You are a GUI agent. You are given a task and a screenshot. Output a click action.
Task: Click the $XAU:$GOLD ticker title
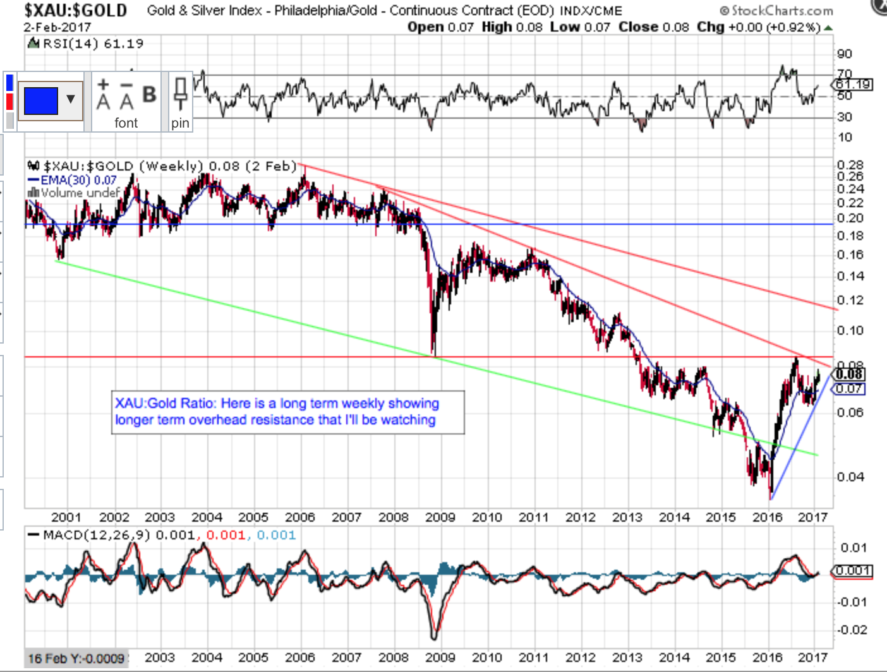pos(75,11)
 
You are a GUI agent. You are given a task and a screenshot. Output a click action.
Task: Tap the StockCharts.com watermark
pos(776,11)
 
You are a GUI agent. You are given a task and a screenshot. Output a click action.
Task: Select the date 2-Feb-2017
pos(57,27)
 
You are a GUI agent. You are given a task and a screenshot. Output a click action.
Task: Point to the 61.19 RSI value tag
pos(854,84)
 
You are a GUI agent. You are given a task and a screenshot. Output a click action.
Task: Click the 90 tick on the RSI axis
pos(845,54)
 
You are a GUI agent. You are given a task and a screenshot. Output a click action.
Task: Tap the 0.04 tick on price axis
pos(850,477)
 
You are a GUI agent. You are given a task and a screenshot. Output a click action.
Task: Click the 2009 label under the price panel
pos(440,517)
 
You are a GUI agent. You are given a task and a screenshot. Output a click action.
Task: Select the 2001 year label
pos(66,517)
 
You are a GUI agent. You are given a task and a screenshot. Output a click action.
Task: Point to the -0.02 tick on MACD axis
pos(852,630)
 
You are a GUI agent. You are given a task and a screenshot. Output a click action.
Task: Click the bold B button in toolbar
pos(149,95)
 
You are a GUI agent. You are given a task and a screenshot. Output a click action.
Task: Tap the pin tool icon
pos(180,95)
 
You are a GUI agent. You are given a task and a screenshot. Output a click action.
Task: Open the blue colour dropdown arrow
pos(71,99)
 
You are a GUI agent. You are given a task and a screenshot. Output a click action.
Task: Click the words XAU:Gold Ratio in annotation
pos(165,403)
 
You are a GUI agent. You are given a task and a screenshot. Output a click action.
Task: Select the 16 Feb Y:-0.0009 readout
pos(76,658)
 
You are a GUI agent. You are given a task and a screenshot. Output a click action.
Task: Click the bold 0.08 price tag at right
pos(850,375)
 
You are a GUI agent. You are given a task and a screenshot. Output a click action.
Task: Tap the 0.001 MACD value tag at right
pos(853,571)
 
